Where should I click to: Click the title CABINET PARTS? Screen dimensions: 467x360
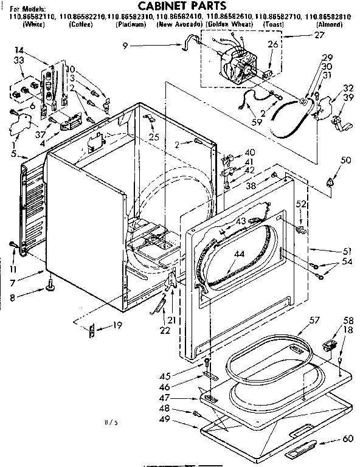coord(180,6)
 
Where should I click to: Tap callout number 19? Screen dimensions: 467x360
coord(117,325)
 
